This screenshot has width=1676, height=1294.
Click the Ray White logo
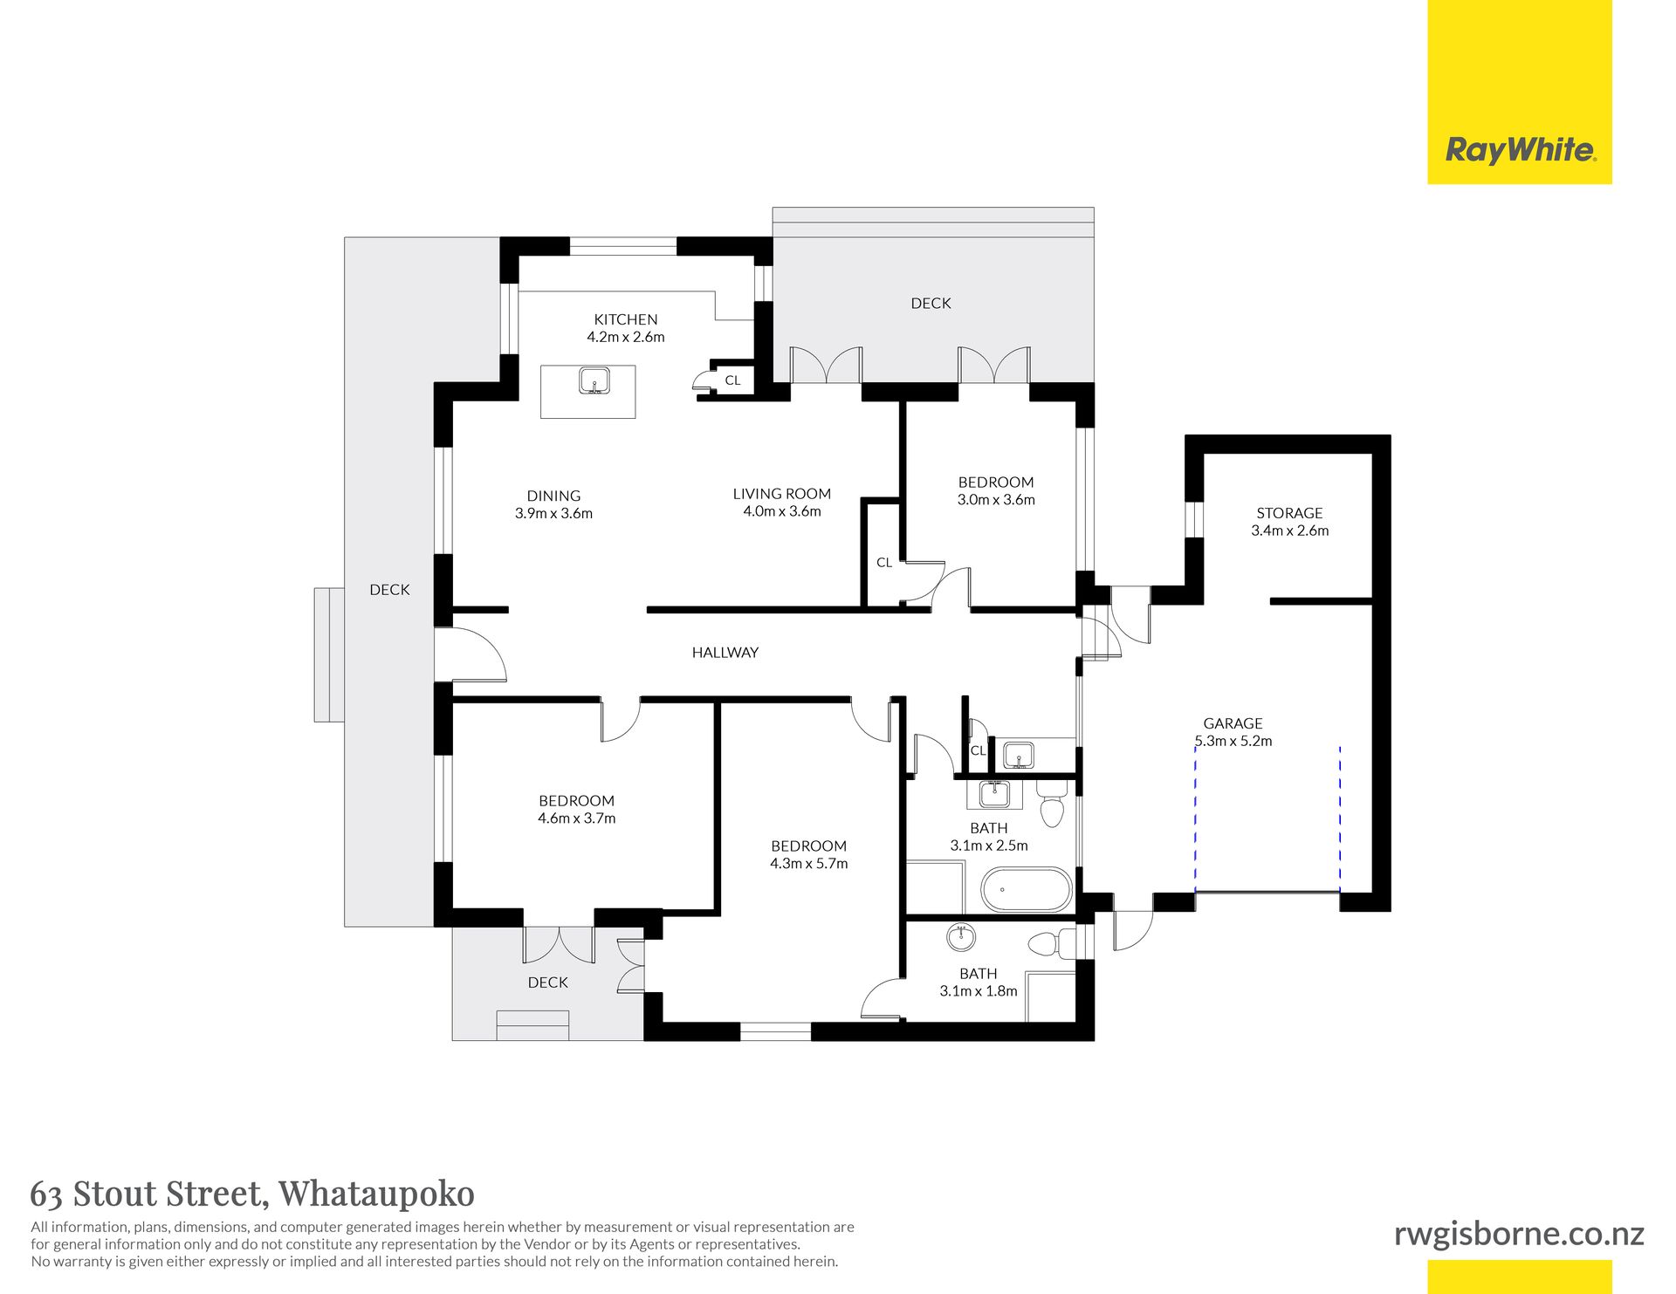[x=1521, y=150]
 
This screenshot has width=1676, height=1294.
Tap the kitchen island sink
[x=594, y=381]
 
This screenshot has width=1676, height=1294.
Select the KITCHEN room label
[x=626, y=319]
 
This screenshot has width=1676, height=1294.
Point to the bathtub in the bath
[x=1027, y=889]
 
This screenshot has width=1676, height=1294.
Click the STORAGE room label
[x=1289, y=513]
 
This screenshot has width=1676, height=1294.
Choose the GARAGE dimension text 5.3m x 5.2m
[x=1233, y=741]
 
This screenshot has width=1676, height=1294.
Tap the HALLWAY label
[x=725, y=652]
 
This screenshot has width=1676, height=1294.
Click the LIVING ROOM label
[x=782, y=494]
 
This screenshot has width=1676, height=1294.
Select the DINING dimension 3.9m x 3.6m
[x=553, y=513]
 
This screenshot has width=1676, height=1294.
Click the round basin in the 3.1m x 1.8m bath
[x=961, y=938]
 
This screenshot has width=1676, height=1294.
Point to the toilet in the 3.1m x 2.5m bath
[x=1053, y=803]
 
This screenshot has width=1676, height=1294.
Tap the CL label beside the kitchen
[x=732, y=380]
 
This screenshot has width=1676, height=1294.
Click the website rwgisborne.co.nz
[x=1519, y=1234]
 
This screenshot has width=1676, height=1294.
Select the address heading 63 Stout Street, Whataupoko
[x=252, y=1193]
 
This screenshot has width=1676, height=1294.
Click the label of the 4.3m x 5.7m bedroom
[x=808, y=846]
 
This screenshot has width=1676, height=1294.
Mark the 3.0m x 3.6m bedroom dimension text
[x=996, y=500]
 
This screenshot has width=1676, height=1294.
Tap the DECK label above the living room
[x=931, y=303]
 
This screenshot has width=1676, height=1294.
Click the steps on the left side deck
[x=329, y=654]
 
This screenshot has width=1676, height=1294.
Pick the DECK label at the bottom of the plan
[x=548, y=982]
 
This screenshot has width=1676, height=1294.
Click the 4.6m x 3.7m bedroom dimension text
[x=577, y=818]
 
